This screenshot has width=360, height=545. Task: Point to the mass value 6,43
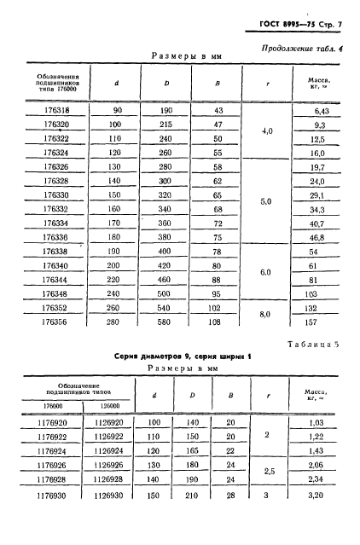click(322, 112)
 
